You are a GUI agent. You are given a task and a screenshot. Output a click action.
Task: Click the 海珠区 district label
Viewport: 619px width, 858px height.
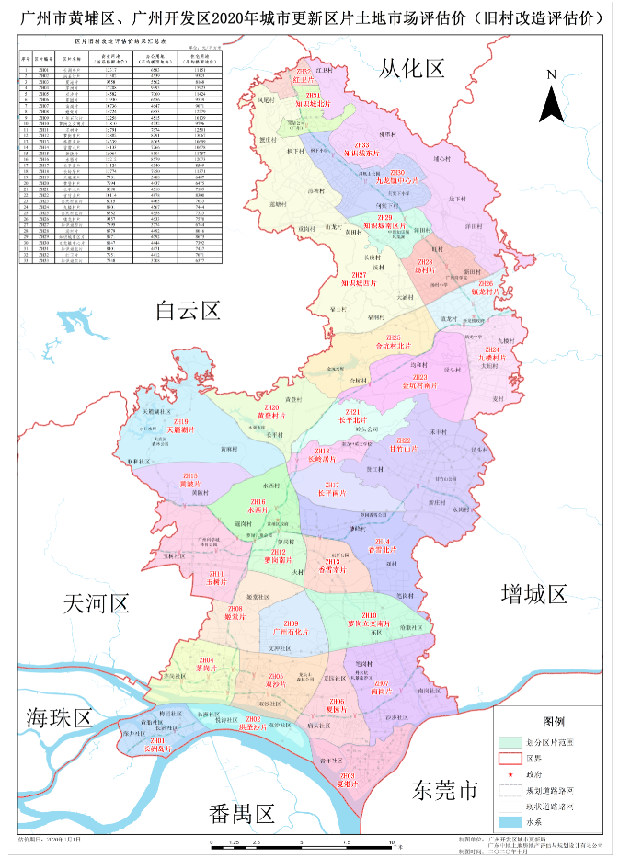(60, 717)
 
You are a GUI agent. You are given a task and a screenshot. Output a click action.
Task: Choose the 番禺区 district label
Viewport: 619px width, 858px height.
(243, 813)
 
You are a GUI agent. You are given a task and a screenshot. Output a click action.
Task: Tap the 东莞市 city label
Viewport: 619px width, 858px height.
(446, 790)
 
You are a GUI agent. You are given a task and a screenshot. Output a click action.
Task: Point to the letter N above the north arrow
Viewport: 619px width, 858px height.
(551, 74)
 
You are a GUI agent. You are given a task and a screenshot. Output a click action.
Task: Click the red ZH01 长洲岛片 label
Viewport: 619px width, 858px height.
(157, 744)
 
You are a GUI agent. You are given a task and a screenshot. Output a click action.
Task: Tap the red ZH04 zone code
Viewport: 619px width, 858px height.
(207, 660)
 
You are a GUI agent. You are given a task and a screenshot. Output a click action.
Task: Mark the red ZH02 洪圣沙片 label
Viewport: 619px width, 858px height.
(253, 724)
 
